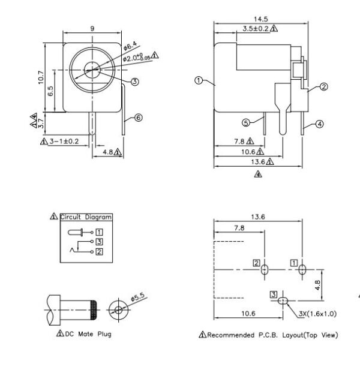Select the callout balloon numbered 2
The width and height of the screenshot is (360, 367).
click(323, 87)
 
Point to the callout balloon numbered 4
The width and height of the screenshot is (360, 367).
click(319, 124)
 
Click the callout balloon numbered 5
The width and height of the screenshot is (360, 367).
click(246, 122)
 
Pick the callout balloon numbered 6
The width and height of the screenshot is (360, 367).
click(139, 118)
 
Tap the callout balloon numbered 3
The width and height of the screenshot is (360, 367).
click(134, 82)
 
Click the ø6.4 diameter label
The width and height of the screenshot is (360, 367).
click(131, 46)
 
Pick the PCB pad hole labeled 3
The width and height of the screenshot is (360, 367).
click(283, 300)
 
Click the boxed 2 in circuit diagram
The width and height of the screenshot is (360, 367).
click(100, 251)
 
